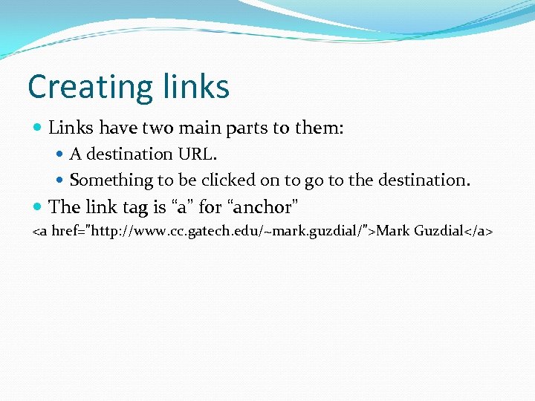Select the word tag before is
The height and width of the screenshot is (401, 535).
pos(135,206)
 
